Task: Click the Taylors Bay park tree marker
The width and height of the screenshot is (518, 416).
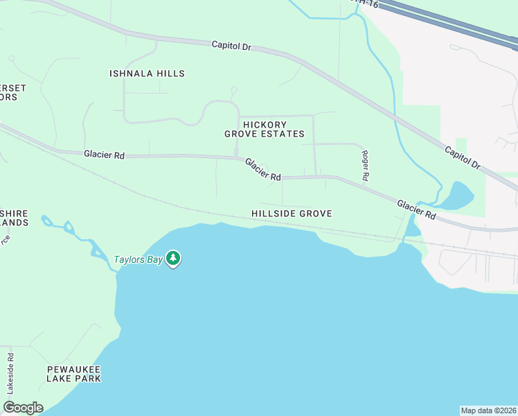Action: click(173, 259)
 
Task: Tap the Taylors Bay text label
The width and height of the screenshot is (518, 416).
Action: click(138, 260)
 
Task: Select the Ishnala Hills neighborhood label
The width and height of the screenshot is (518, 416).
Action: click(148, 73)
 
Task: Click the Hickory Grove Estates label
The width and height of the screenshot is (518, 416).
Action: click(265, 129)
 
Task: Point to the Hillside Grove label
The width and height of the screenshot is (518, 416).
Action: click(292, 214)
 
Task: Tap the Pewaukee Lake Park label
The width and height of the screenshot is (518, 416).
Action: click(73, 374)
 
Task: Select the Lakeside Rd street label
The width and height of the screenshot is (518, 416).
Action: click(10, 374)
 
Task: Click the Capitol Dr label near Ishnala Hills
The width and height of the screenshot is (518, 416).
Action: click(231, 46)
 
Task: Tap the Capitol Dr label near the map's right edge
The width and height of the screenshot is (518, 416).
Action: click(463, 158)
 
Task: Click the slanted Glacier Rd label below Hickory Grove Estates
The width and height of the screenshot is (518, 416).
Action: click(262, 169)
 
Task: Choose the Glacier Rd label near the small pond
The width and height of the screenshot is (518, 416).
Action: click(416, 209)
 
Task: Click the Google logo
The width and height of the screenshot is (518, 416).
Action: click(23, 408)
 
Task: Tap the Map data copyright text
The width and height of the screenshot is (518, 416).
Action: click(488, 410)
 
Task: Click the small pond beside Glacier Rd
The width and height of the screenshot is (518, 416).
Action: click(457, 196)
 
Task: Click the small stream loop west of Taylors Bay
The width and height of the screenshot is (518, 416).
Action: click(68, 227)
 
